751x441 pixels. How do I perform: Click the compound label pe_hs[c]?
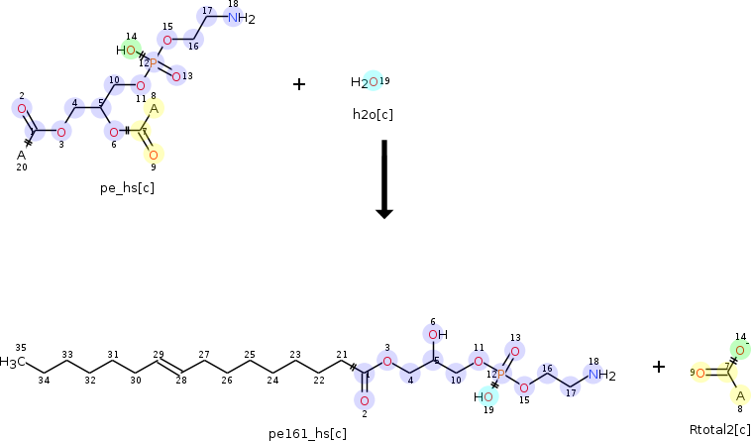(127, 186)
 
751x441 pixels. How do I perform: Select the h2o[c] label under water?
(373, 114)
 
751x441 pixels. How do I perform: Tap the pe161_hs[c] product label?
(307, 433)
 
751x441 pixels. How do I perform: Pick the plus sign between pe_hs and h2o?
(299, 84)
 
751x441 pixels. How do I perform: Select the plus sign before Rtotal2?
(659, 367)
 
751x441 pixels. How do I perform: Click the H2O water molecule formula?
(364, 82)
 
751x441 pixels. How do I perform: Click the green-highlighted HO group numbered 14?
(126, 50)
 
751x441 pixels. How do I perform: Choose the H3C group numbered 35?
(12, 362)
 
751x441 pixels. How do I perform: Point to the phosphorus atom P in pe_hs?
(153, 61)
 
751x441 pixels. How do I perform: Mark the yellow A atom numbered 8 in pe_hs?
(155, 108)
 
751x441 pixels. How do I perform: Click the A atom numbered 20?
(21, 155)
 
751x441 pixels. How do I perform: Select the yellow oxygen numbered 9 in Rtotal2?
(699, 373)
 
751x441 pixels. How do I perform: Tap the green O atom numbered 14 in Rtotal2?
(737, 349)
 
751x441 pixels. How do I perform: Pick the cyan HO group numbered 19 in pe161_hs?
(483, 396)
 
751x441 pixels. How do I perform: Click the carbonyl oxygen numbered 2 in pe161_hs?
(365, 400)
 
